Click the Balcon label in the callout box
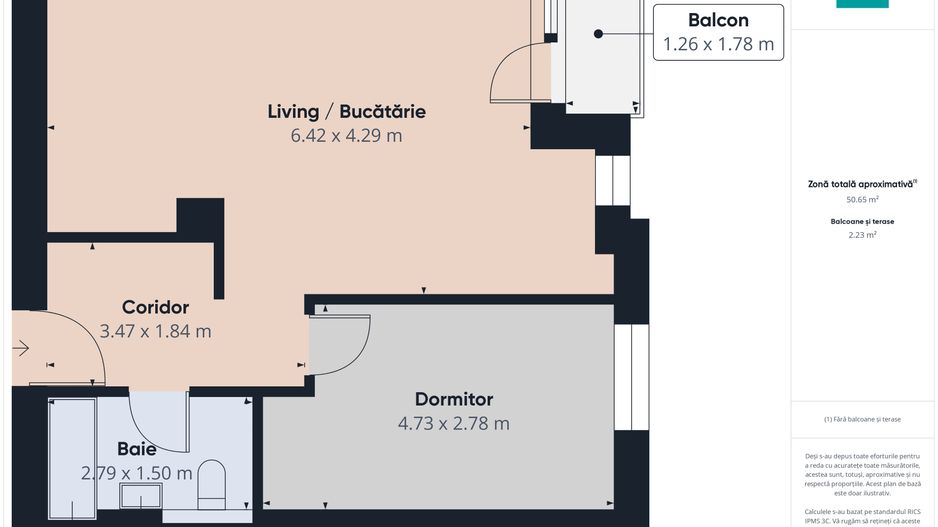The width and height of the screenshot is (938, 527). (x=718, y=20)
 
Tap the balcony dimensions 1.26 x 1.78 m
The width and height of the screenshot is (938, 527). (x=718, y=44)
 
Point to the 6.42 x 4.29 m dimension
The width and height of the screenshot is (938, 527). (x=346, y=135)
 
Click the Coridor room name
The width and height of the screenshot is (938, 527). (x=155, y=307)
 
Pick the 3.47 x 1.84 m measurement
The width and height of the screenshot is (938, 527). (x=155, y=331)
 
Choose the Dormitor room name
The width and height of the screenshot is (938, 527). (x=453, y=399)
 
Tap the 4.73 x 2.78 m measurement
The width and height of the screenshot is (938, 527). (x=453, y=423)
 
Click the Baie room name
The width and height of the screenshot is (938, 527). (x=136, y=449)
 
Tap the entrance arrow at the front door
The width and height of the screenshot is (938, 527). (x=22, y=349)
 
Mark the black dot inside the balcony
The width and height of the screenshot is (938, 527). (x=598, y=34)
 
